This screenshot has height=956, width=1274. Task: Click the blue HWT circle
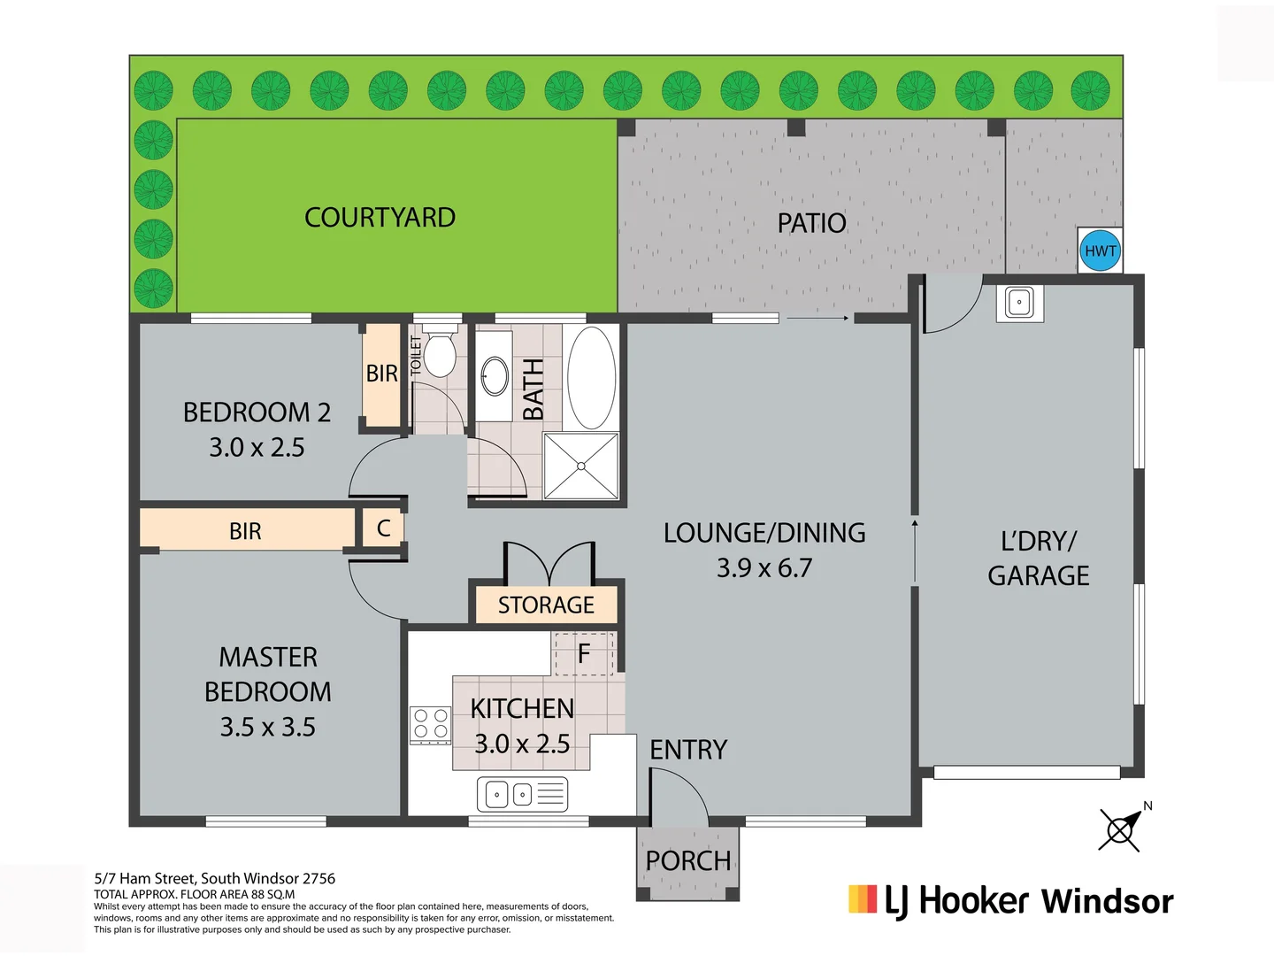pyautogui.click(x=1100, y=251)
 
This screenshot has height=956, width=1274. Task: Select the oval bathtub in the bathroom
pyautogui.click(x=591, y=378)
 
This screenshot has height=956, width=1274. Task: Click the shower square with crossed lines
pyautogui.click(x=581, y=466)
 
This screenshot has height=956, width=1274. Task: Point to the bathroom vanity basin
pyautogui.click(x=495, y=376)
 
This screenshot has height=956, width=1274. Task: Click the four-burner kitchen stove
pyautogui.click(x=430, y=724)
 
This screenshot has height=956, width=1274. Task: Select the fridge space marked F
pyautogui.click(x=583, y=654)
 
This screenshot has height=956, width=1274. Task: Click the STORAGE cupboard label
pyautogui.click(x=546, y=605)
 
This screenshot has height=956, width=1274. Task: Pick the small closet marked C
pyautogui.click(x=383, y=528)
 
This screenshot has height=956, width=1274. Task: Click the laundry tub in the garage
pyautogui.click(x=1019, y=303)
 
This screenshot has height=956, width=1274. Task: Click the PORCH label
pyautogui.click(x=688, y=860)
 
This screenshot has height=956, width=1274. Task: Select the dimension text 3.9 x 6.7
pyautogui.click(x=764, y=568)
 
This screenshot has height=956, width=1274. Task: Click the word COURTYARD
pyautogui.click(x=380, y=218)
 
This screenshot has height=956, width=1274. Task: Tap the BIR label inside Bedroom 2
pyautogui.click(x=382, y=374)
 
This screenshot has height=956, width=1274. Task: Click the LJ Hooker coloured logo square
pyautogui.click(x=863, y=899)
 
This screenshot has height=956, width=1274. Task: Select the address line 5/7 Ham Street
pyautogui.click(x=215, y=879)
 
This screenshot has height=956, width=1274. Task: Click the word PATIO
pyautogui.click(x=811, y=223)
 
